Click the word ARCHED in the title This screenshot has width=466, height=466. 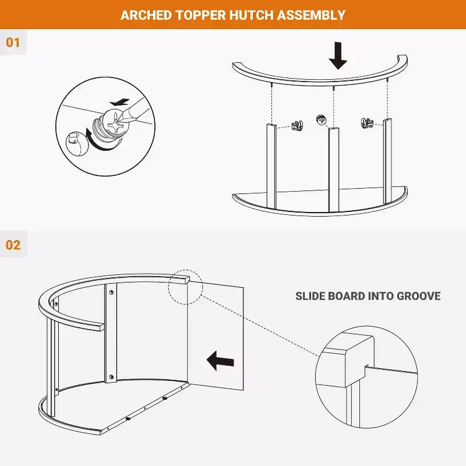click(146, 15)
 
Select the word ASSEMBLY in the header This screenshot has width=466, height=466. click(311, 15)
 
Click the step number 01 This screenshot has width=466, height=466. click(13, 43)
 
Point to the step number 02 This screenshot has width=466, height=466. click(13, 245)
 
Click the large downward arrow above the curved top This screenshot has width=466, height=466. click(338, 55)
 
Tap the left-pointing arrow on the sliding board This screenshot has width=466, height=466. click(220, 361)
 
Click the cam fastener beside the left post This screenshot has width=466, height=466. click(297, 125)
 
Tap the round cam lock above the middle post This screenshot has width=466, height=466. click(322, 120)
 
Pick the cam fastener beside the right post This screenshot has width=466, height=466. click(368, 123)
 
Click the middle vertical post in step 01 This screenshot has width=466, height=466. click(334, 170)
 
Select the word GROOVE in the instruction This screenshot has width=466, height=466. click(419, 296)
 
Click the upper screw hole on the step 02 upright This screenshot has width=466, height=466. click(111, 292)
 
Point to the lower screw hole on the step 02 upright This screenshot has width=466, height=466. click(111, 377)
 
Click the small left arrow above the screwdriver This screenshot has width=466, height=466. click(119, 103)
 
